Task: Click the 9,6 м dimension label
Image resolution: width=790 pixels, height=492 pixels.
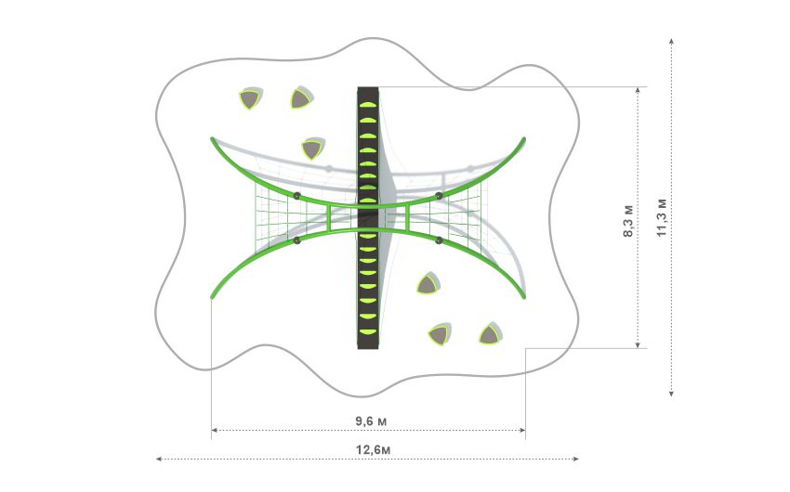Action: [x=371, y=421]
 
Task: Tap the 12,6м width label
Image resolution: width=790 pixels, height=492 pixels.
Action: [x=373, y=449]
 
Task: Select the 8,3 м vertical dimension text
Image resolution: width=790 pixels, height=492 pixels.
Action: [x=628, y=221]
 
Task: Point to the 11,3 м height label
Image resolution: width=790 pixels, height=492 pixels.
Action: [x=662, y=217]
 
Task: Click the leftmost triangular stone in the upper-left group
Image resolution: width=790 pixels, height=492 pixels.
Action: [x=250, y=98]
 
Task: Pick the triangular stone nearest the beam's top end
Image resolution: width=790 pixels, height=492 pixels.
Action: [x=301, y=97]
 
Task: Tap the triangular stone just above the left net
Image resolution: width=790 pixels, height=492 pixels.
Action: [x=312, y=149]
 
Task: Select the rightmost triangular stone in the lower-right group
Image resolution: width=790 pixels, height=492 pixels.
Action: [x=490, y=333]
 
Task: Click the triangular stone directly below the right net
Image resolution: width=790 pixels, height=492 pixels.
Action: [x=428, y=284]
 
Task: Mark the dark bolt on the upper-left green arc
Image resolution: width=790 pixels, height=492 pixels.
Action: [x=297, y=196]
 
